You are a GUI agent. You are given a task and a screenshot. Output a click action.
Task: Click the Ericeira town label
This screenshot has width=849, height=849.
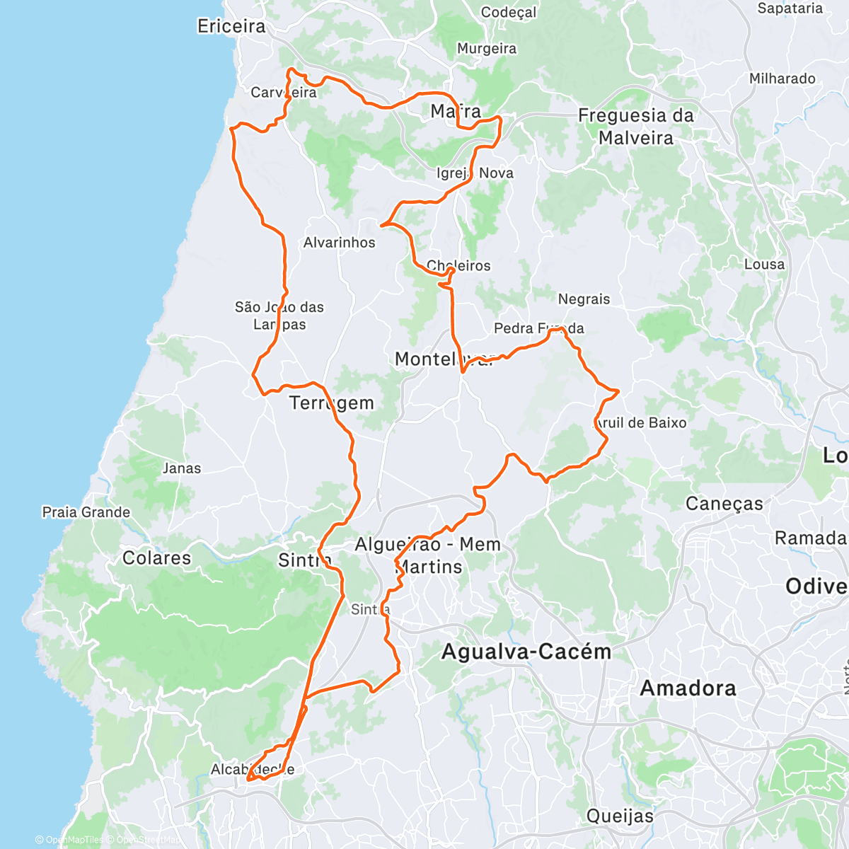231,26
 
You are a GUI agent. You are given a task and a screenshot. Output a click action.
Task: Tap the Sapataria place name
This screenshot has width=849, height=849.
790,8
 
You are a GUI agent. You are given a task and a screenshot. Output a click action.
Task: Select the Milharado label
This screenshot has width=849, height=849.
782,79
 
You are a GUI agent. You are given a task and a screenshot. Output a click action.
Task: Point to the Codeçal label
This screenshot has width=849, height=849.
508,12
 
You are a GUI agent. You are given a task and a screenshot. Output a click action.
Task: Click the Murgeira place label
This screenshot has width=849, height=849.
486,48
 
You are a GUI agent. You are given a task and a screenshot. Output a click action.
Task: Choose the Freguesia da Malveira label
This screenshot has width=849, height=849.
635,126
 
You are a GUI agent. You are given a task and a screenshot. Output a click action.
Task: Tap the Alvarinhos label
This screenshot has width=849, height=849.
339,242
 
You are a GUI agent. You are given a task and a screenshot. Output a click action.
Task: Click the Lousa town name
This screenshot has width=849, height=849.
764,264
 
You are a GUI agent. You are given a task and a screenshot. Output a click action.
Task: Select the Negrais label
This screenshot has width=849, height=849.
584,299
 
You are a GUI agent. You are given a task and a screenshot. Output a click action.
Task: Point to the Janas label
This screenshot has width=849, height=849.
181,468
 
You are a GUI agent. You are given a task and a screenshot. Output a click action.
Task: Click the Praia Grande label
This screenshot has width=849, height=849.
86,512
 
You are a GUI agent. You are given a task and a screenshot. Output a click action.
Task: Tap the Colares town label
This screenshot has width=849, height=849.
156,558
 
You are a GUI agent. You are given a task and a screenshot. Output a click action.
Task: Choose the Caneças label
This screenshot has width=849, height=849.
724,503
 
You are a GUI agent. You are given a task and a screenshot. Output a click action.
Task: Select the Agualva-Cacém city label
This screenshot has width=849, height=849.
526,651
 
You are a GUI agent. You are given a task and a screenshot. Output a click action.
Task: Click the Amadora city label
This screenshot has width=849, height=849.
688,688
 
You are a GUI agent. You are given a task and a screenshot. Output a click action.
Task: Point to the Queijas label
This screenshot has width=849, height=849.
620,816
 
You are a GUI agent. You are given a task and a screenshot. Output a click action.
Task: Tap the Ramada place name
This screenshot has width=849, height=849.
810,538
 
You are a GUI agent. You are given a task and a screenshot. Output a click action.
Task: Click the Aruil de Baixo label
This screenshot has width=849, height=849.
640,422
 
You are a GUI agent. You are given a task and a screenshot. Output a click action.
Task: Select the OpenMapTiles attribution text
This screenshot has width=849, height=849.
69,840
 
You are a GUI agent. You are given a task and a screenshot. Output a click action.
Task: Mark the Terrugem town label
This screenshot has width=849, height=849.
331,403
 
